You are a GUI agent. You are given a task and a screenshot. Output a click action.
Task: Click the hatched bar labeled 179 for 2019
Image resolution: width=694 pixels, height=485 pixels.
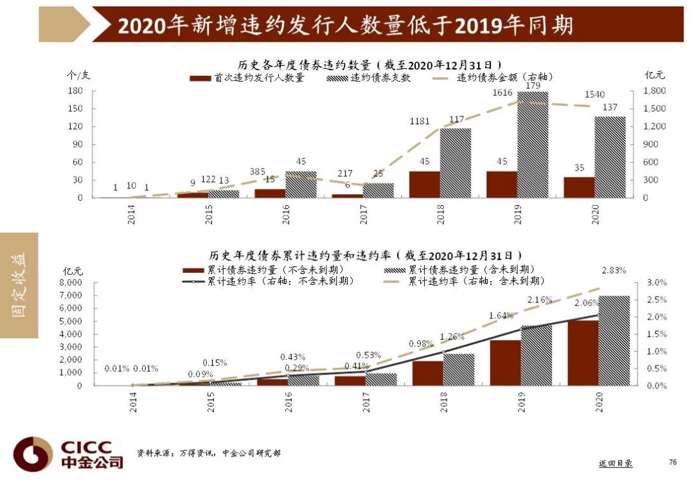coord(533,145)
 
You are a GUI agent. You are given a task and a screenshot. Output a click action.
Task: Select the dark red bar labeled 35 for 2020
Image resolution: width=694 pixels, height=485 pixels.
coord(579,187)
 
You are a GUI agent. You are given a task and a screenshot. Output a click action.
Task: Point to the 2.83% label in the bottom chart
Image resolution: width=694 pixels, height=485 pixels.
coord(614,270)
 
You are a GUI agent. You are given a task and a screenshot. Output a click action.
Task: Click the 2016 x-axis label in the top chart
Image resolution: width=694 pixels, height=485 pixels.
coord(286,214)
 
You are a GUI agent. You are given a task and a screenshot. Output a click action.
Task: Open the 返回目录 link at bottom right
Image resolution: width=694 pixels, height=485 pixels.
coord(615,463)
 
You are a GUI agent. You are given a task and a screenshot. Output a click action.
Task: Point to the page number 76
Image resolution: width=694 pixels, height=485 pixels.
coord(673,462)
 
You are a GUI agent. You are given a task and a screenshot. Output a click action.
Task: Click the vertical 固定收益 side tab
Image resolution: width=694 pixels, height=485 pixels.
coord(19,285)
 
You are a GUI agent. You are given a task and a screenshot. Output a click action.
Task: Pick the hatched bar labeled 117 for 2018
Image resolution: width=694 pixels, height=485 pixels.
coord(456,163)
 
